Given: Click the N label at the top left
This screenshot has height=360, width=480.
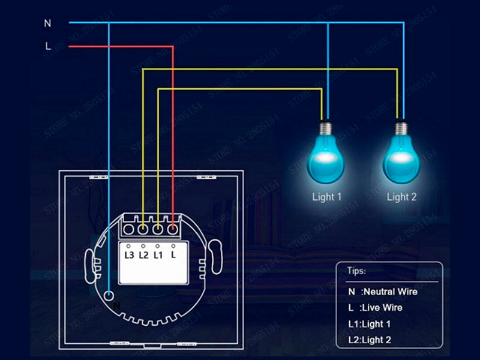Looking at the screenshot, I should coord(47,23).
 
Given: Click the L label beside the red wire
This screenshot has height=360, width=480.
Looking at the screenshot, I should coord(47,46).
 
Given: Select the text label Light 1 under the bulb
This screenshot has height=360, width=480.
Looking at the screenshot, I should coord(326,196).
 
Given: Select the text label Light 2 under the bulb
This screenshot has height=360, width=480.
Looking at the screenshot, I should coord(401,196).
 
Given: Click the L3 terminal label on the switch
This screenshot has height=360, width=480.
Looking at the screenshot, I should coord(129,255).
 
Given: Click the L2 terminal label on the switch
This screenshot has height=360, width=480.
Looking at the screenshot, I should coord(143,255).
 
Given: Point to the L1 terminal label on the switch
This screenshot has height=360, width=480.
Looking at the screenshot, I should coord(158,255).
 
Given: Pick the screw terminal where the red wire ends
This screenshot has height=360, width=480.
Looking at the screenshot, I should coord(173,229).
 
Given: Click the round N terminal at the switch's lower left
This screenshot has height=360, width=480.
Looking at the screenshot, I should coord(109,295).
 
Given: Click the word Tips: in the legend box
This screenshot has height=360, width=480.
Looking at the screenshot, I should coord(357,271).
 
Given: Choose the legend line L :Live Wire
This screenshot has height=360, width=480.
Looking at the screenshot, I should coord(375,308).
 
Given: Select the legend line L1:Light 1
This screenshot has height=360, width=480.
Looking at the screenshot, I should coord(370,324).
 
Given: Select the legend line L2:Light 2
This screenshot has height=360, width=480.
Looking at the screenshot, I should coord(370,340).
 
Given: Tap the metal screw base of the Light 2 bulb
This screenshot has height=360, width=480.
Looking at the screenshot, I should coord(401,127).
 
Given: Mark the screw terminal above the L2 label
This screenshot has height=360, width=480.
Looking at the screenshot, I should coord(143,229).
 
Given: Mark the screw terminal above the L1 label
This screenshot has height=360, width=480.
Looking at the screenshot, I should coord(158,229).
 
